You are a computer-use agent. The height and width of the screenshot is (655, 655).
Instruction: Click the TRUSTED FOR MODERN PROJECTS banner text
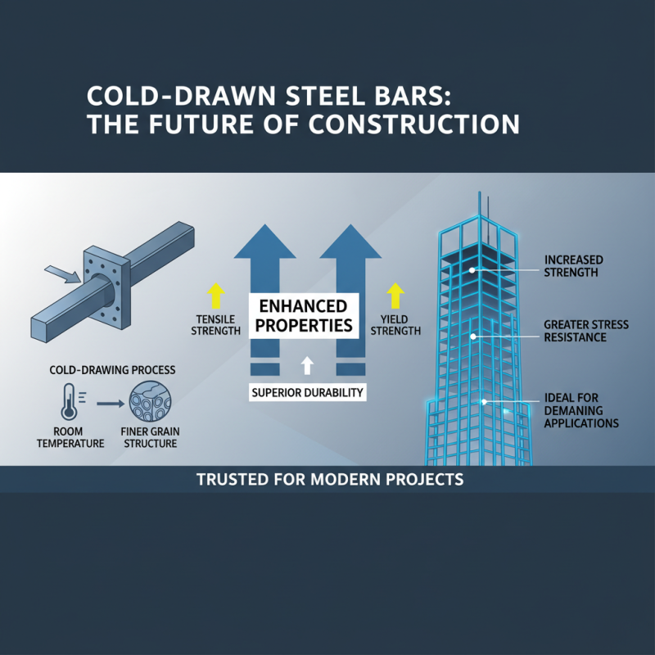tap(330, 479)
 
